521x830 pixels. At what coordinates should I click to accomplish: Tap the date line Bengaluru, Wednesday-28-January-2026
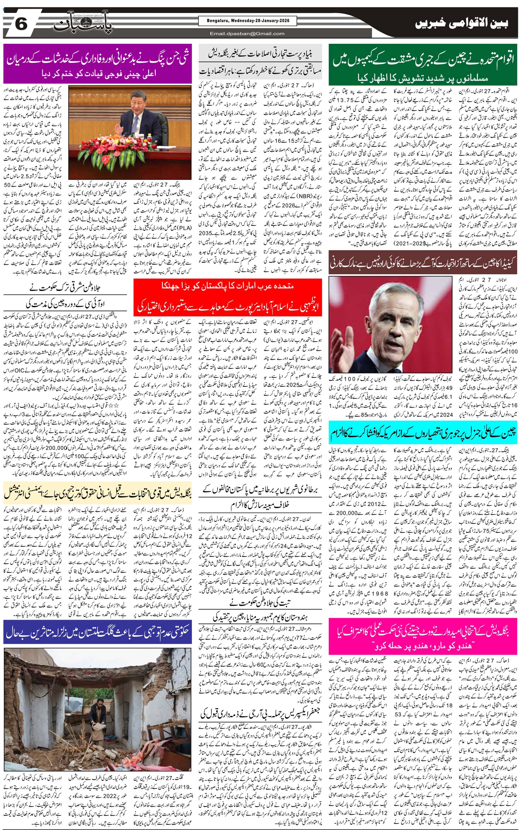(x=247, y=21)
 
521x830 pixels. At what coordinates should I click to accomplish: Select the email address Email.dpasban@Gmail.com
(x=247, y=33)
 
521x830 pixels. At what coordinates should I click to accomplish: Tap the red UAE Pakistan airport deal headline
(x=228, y=297)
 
